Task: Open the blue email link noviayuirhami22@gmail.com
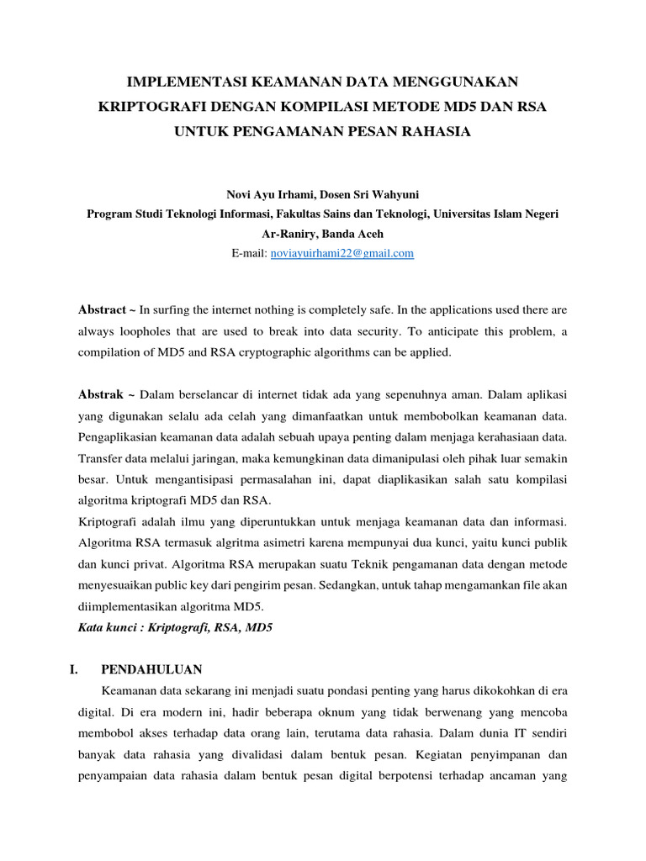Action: tap(342, 253)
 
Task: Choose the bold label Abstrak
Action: tap(101, 394)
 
